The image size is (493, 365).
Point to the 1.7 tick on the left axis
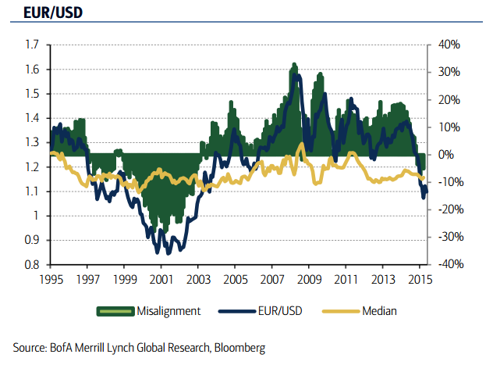[32, 45]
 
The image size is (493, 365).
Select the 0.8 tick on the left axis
[32, 266]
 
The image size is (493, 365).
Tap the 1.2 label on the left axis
[32, 167]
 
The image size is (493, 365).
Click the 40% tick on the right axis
[449, 45]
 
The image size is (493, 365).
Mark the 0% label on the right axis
[445, 155]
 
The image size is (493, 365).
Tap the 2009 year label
[309, 279]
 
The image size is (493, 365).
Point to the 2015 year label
[420, 279]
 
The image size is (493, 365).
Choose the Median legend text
[380, 311]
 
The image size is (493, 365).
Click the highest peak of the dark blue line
[294, 69]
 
